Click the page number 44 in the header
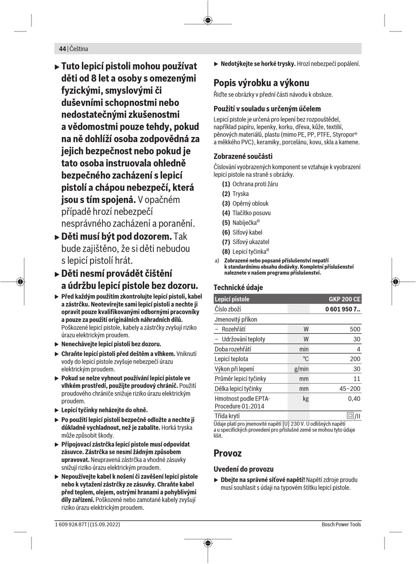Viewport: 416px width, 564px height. pyautogui.click(x=62, y=49)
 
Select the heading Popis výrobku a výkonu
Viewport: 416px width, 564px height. pyautogui.click(x=261, y=83)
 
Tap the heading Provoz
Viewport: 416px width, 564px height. pyautogui.click(x=227, y=453)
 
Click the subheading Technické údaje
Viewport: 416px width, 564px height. pyautogui.click(x=238, y=287)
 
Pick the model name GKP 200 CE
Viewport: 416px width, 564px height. pyautogui.click(x=345, y=299)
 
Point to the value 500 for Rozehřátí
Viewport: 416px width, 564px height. pyautogui.click(x=355, y=329)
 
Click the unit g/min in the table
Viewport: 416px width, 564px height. pyautogui.click(x=301, y=369)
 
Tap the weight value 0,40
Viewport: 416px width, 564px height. pyautogui.click(x=354, y=399)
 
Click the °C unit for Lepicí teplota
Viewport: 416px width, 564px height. pyautogui.click(x=305, y=359)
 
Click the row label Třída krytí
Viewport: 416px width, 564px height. pyautogui.click(x=227, y=416)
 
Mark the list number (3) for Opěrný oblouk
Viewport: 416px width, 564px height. pyautogui.click(x=226, y=203)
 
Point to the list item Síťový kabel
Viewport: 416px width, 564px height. pyautogui.click(x=247, y=232)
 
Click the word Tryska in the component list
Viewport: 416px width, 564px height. pyautogui.click(x=240, y=194)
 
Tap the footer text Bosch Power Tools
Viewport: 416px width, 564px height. pyautogui.click(x=341, y=524)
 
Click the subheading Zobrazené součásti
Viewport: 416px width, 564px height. pyautogui.click(x=243, y=156)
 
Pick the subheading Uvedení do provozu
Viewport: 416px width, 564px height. pyautogui.click(x=243, y=469)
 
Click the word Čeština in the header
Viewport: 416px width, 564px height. pyautogui.click(x=79, y=49)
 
